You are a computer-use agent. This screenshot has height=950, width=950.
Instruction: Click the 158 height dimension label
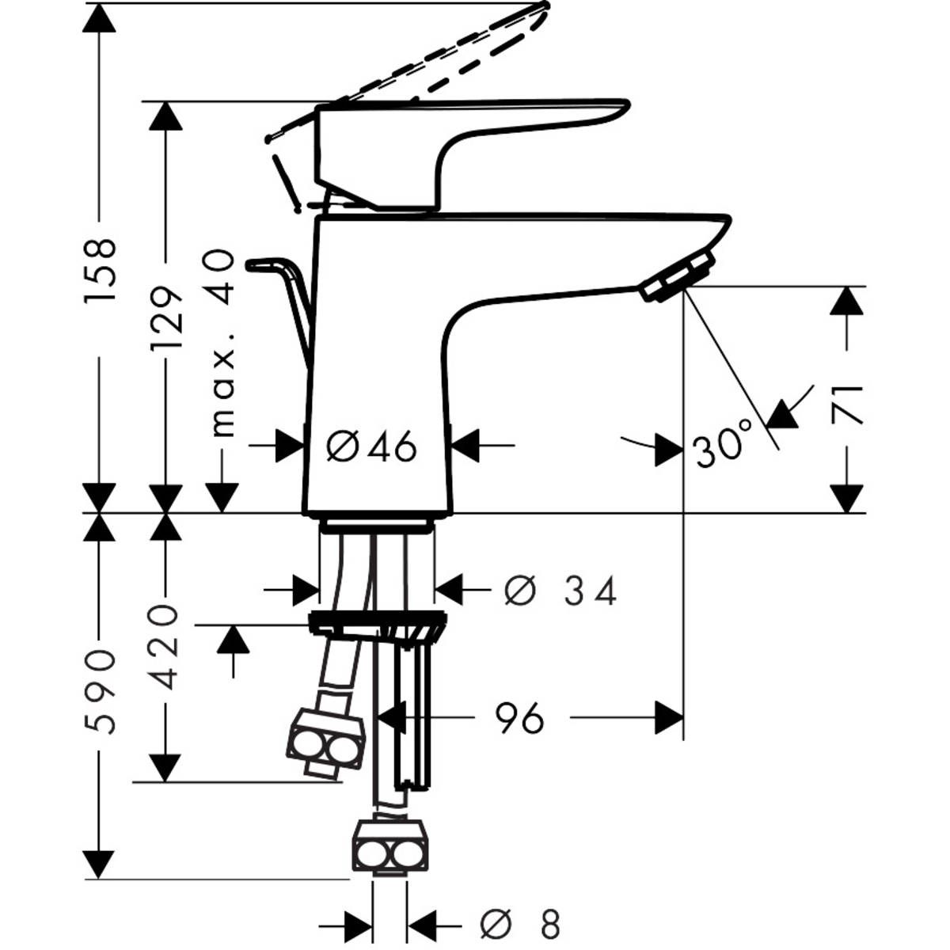tap(101, 269)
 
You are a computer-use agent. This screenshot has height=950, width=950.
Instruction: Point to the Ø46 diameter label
tap(371, 448)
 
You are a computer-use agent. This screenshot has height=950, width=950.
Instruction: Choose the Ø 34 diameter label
tap(560, 591)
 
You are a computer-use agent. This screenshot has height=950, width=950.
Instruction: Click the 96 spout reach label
tap(520, 718)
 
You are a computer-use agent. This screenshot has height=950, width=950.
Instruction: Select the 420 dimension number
tap(166, 647)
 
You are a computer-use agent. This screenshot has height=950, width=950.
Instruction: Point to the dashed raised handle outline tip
tap(543, 7)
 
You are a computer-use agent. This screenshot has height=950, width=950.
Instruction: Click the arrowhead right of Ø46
tap(465, 446)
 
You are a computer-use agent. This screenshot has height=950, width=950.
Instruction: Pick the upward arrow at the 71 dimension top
tap(847, 302)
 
